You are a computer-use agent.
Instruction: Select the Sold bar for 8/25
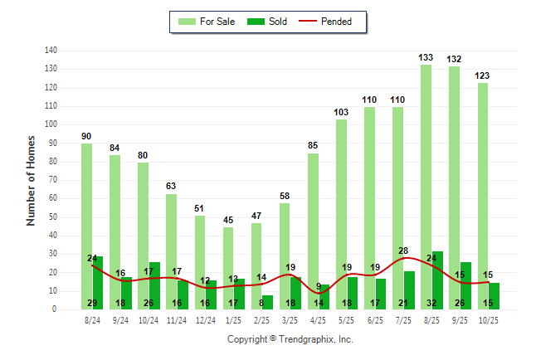click(437, 282)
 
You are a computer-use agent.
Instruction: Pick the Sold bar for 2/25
click(268, 302)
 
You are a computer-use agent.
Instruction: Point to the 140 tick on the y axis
click(51, 51)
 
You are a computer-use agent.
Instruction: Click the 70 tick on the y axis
click(53, 180)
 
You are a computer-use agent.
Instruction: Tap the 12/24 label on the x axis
click(206, 319)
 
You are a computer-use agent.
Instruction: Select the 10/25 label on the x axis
click(488, 319)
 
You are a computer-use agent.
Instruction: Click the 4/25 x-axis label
click(319, 319)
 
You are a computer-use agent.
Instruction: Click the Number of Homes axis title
click(32, 180)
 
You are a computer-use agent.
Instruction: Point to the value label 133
click(426, 57)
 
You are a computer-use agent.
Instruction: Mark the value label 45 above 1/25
click(228, 220)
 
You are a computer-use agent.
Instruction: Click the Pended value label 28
click(403, 251)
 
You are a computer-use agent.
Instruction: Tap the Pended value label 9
click(319, 287)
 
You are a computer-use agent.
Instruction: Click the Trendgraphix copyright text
click(290, 339)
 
